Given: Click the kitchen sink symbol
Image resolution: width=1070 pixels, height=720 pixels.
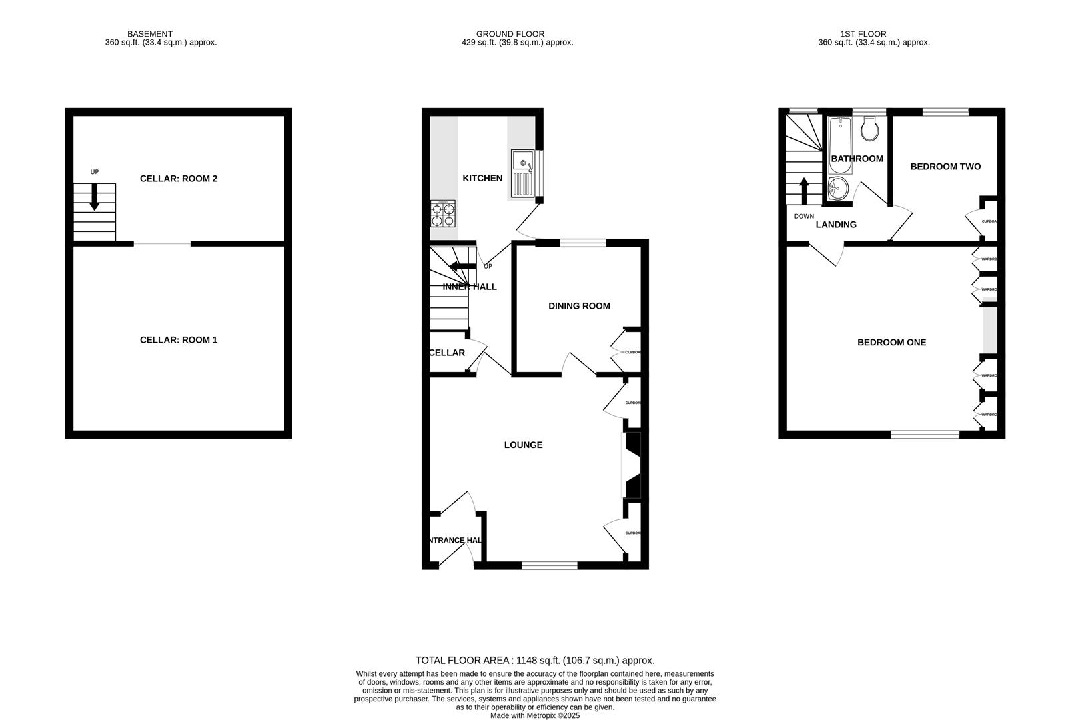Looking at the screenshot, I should click(523, 173).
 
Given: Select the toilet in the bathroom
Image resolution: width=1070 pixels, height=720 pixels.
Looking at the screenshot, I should click(869, 129).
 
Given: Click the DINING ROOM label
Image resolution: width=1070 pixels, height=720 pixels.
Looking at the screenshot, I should click(579, 306).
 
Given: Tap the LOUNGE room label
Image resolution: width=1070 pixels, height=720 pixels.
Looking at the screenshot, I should click(523, 445).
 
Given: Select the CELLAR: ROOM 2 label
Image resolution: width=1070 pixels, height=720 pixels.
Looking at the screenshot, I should click(179, 179).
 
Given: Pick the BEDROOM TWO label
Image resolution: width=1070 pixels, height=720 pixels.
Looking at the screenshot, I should click(945, 167).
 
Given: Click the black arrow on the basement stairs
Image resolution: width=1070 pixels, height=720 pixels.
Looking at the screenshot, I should click(94, 197).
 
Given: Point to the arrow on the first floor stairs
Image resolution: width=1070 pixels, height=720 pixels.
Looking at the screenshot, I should click(804, 191).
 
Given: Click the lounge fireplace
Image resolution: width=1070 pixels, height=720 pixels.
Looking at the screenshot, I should click(631, 465).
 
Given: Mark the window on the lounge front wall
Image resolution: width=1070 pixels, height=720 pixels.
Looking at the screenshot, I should click(549, 565).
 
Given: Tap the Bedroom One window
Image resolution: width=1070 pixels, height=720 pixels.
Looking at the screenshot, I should click(925, 435).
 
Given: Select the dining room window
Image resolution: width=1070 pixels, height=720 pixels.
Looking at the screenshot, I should click(582, 243).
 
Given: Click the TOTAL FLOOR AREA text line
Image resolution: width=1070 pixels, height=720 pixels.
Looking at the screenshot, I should click(535, 661).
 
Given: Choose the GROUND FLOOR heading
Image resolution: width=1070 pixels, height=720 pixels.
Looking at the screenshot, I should click(510, 34).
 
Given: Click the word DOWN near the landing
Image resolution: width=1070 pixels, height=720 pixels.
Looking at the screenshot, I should click(804, 216).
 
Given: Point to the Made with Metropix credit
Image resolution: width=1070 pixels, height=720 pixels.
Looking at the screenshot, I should click(535, 715).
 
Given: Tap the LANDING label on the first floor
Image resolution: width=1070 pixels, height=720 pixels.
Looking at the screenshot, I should click(836, 225).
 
